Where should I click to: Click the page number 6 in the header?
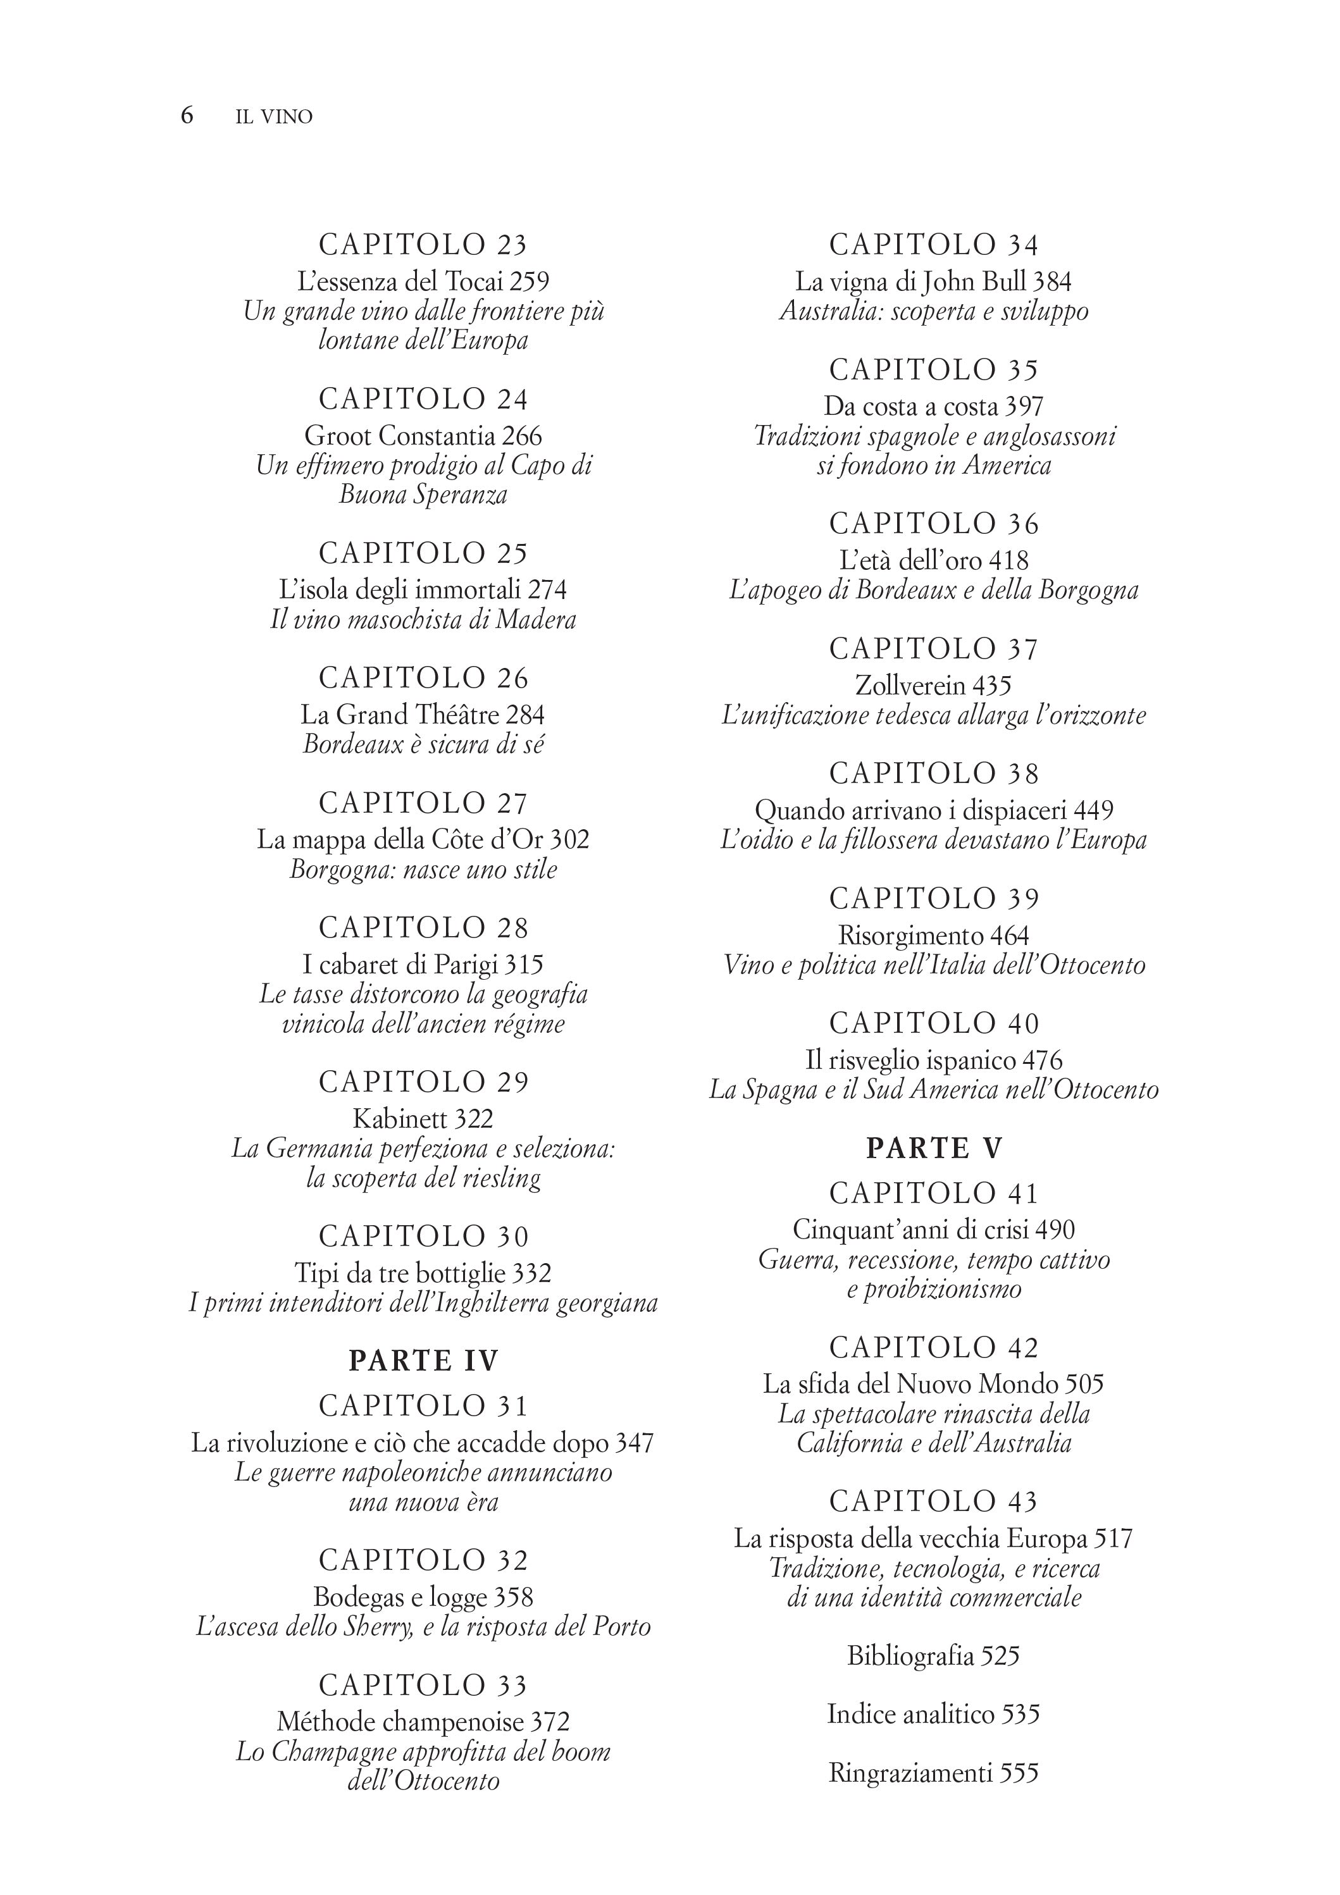[187, 116]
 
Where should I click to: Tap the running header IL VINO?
[274, 117]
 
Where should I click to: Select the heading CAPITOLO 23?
[423, 245]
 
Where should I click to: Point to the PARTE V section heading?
[934, 1148]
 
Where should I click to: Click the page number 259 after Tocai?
[529, 282]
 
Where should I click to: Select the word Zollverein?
[910, 686]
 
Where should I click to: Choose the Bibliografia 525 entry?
[934, 1656]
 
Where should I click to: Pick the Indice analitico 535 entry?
[934, 1714]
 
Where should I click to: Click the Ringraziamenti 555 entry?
[934, 1773]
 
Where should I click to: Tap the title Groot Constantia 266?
[423, 436]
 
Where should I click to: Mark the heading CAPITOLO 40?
[934, 1023]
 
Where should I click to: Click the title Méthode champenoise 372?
[423, 1722]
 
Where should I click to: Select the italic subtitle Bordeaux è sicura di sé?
[423, 744]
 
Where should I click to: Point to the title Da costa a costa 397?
[934, 406]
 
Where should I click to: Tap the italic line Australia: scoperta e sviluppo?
[934, 311]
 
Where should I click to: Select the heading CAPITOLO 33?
[423, 1684]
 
